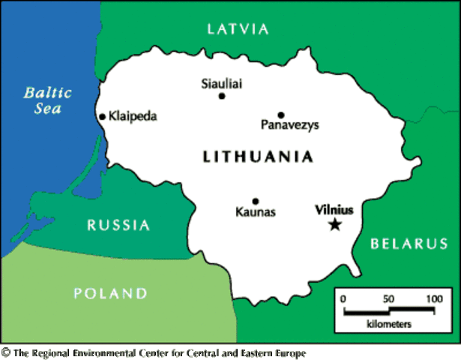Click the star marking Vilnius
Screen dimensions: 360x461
pos(335,223)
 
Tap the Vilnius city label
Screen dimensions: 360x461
pos(334,210)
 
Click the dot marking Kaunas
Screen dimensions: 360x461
pos(256,201)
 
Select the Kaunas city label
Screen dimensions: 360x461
pos(256,213)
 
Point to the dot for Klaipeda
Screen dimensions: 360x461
pos(102,116)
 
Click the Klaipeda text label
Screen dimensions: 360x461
pos(133,116)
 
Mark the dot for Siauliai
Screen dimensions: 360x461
pos(222,96)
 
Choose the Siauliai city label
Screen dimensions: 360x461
pos(222,83)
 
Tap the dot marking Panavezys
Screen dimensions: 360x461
pos(281,115)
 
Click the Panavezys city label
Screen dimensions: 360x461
pos(289,126)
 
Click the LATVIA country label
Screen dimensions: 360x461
pos(238,29)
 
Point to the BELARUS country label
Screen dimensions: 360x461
pos(409,244)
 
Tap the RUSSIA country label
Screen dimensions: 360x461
pos(118,225)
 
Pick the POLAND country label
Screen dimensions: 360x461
pos(110,293)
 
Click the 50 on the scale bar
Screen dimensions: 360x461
pos(388,299)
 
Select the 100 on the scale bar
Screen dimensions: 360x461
pos(434,299)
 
